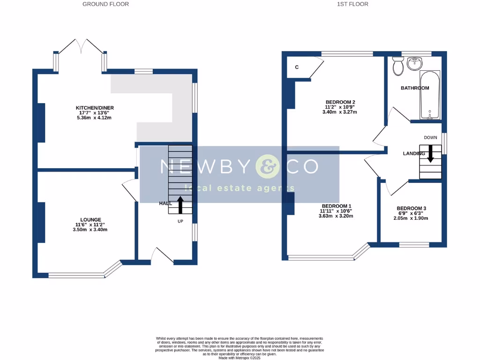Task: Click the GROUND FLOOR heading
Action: pyautogui.click(x=105, y=4)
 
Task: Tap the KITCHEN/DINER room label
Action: pyautogui.click(x=95, y=108)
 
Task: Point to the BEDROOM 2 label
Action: pyautogui.click(x=340, y=102)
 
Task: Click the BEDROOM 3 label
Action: pyautogui.click(x=411, y=209)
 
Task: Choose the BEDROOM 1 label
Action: pyautogui.click(x=336, y=206)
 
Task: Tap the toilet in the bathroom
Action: pyautogui.click(x=398, y=66)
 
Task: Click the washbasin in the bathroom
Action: pyautogui.click(x=414, y=63)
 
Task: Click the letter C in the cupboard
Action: pyautogui.click(x=297, y=67)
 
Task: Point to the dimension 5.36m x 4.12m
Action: pyautogui.click(x=95, y=118)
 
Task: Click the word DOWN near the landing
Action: pyautogui.click(x=430, y=138)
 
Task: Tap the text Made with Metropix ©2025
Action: pyautogui.click(x=240, y=357)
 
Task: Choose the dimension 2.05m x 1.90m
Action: pyautogui.click(x=412, y=218)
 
